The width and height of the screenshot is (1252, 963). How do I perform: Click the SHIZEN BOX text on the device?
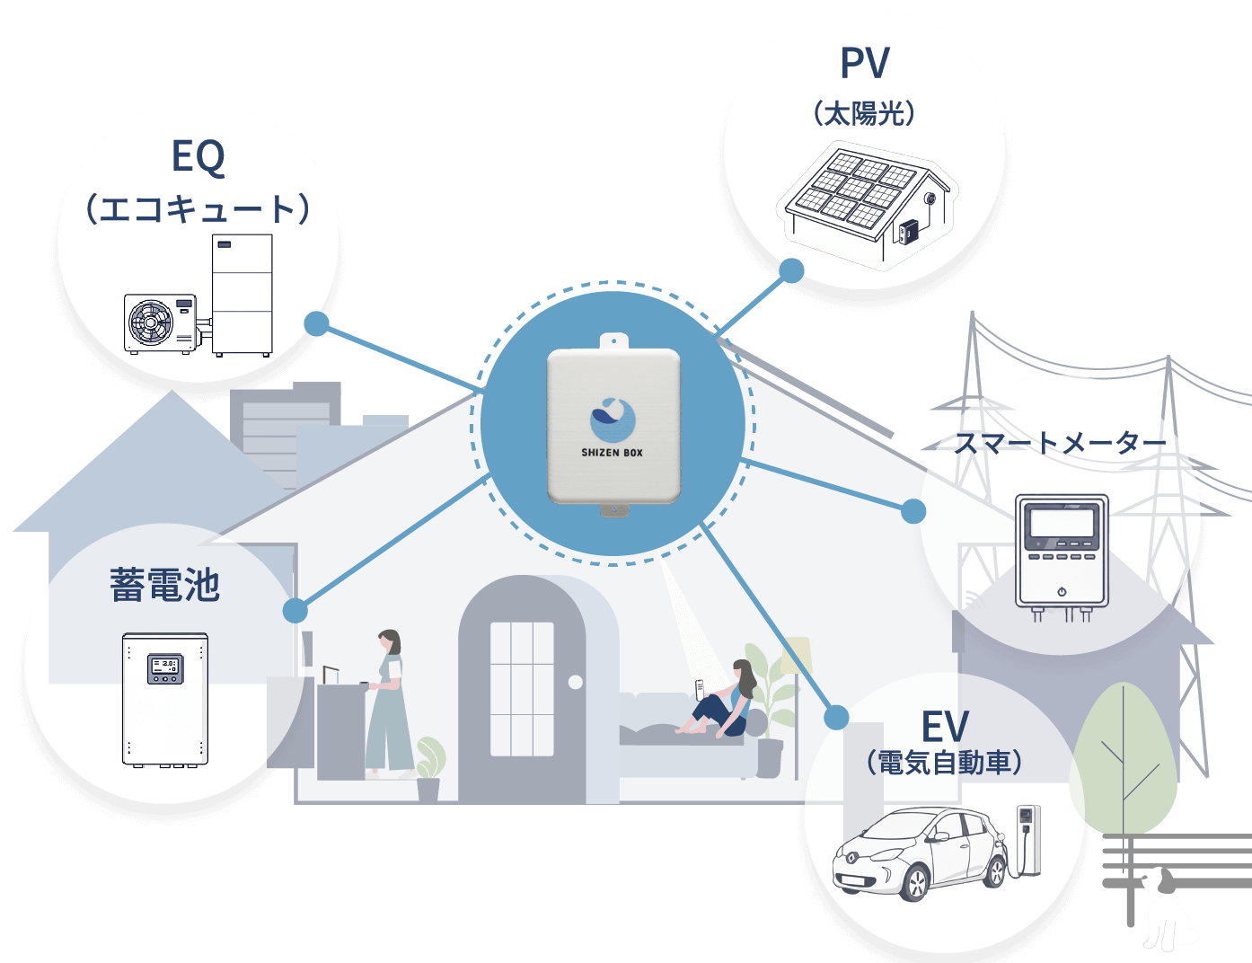(x=612, y=453)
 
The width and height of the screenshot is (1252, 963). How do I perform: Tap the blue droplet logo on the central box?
(x=613, y=420)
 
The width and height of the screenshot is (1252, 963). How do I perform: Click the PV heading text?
(x=865, y=64)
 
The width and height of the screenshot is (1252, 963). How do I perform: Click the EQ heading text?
(x=198, y=156)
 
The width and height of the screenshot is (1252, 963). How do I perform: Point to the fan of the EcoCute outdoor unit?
(x=150, y=322)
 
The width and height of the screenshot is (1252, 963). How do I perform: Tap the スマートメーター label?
(x=1060, y=443)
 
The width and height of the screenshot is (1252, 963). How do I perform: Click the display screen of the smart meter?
(x=1062, y=521)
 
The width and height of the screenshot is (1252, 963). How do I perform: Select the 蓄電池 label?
(x=165, y=585)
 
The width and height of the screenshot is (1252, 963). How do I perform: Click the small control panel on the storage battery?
(x=164, y=667)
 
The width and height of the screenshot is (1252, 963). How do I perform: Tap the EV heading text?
(x=945, y=727)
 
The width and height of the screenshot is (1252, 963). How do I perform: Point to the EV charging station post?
(x=1027, y=839)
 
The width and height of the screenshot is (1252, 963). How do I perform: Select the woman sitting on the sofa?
(x=723, y=701)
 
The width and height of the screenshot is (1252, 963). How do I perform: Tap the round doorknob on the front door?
(x=576, y=683)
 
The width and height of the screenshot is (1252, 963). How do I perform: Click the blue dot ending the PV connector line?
(x=791, y=270)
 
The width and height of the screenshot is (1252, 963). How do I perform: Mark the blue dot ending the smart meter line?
(x=913, y=511)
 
